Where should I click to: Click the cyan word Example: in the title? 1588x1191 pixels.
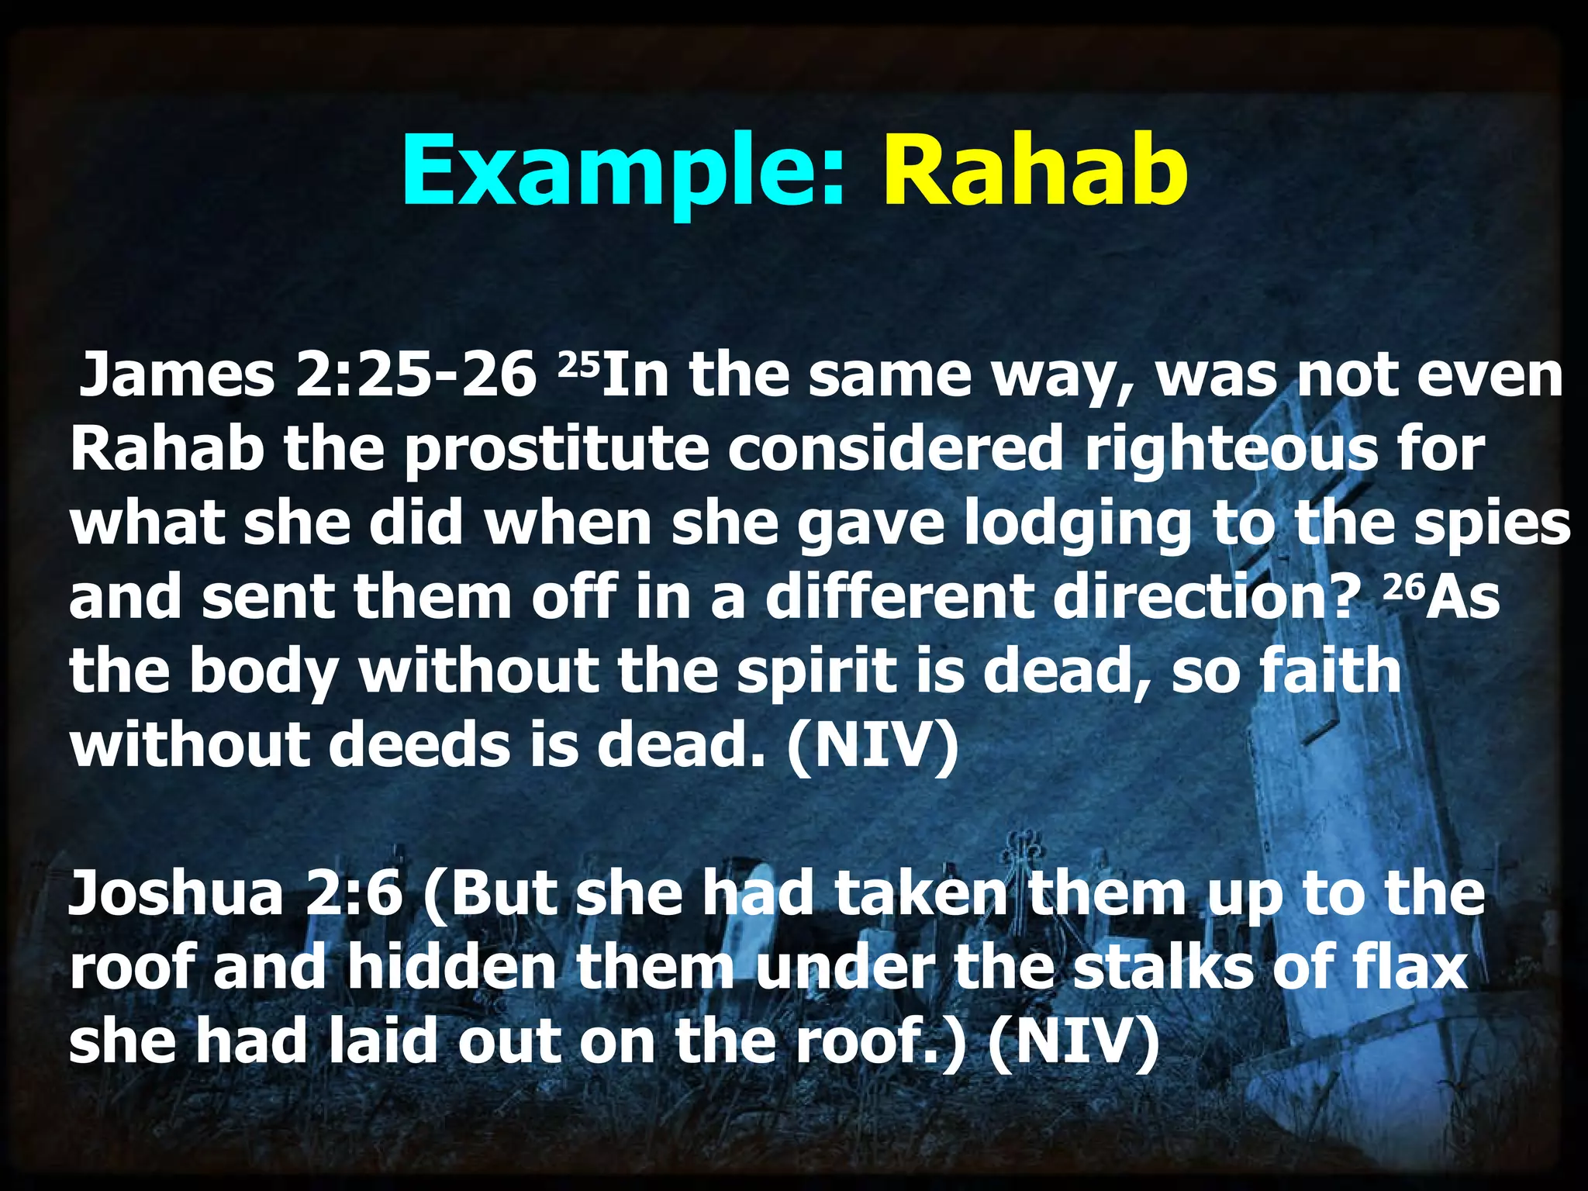pyautogui.click(x=620, y=171)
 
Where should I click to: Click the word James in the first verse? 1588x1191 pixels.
pyautogui.click(x=178, y=375)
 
